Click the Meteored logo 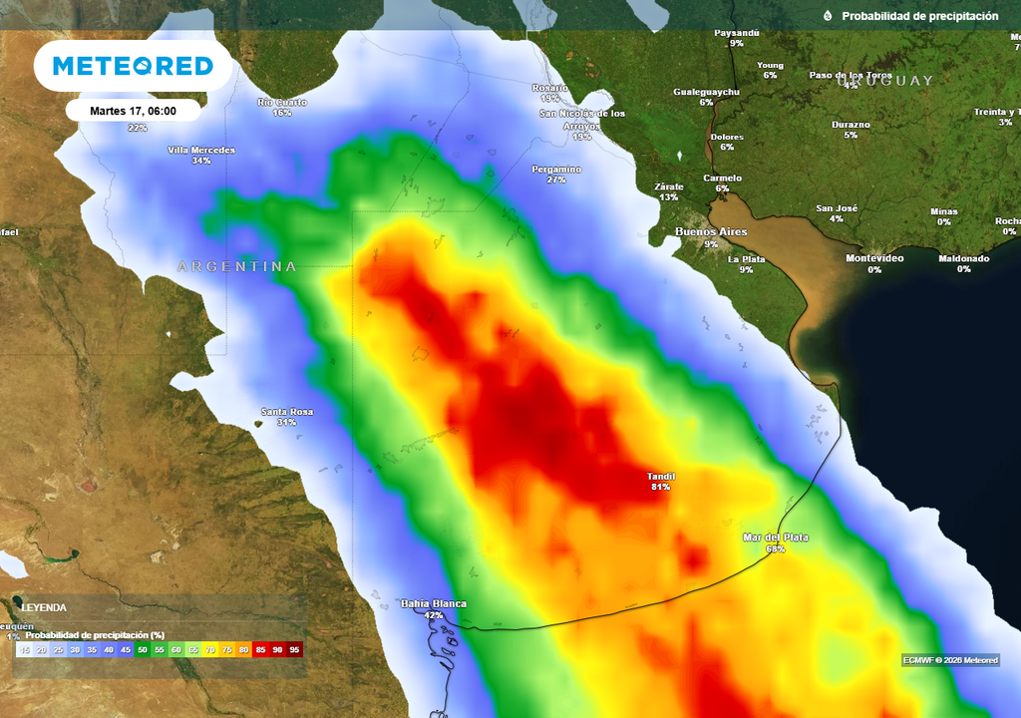133,66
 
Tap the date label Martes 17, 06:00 133,111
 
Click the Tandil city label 661,476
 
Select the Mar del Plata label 776,538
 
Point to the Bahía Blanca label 434,603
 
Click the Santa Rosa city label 287,412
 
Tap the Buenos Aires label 711,231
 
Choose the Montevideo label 874,258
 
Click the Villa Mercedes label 201,150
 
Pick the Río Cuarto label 282,102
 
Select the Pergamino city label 556,169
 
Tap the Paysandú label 737,33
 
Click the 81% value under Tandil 661,487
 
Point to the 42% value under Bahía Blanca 434,615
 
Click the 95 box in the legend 294,649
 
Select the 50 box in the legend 143,649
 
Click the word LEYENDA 44,607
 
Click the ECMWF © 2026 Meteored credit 950,660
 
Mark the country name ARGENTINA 237,266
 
